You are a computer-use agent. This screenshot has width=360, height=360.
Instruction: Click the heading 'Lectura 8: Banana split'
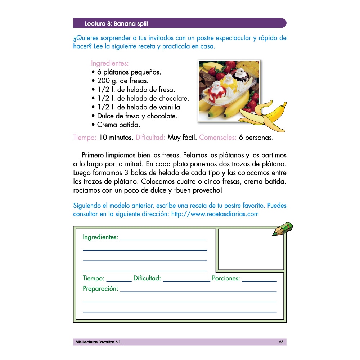[116, 24]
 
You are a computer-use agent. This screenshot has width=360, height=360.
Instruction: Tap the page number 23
[281, 342]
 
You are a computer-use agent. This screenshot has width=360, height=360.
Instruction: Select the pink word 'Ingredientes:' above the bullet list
[110, 63]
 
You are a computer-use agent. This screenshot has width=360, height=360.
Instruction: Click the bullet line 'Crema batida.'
[118, 125]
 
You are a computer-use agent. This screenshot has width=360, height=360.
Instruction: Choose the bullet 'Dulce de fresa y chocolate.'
[137, 116]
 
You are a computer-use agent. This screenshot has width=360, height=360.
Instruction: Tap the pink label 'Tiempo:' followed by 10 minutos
[85, 138]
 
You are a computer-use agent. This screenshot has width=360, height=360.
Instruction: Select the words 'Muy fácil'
[181, 138]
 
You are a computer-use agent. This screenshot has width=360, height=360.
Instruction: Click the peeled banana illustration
[265, 115]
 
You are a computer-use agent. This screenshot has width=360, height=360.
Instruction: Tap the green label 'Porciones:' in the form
[226, 278]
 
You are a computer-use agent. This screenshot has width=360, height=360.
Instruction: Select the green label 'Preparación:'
[100, 289]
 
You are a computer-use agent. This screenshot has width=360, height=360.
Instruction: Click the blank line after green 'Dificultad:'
[186, 280]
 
